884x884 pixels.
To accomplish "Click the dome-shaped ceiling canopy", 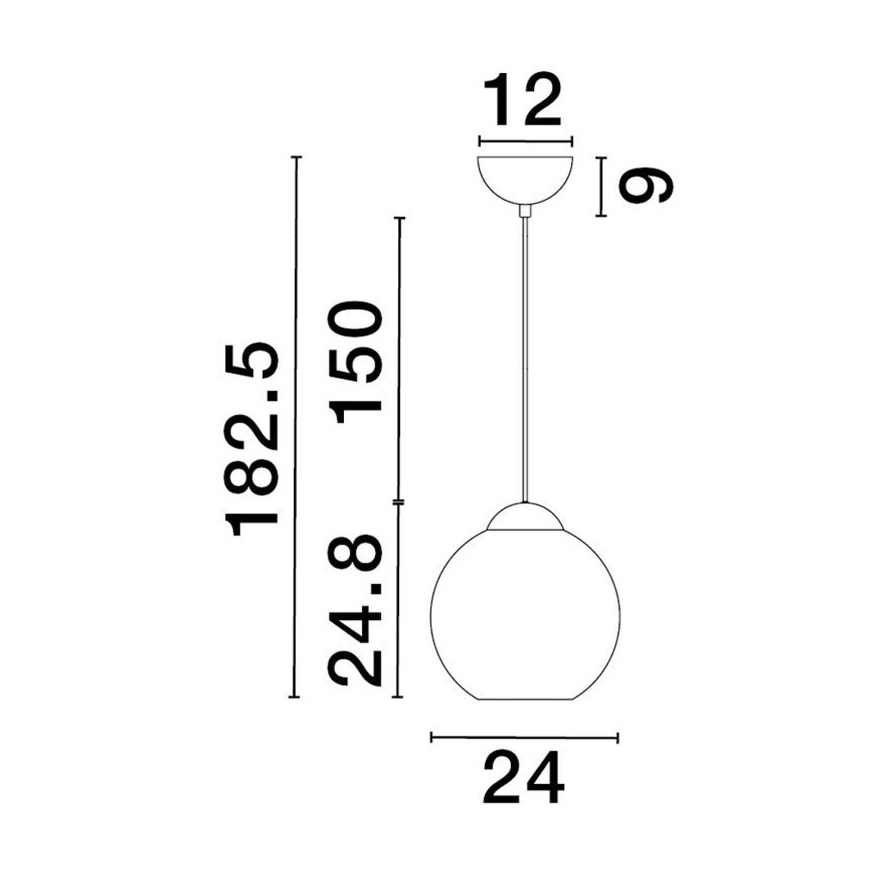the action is click(525, 180).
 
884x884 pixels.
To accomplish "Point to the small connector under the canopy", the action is click(525, 211).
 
